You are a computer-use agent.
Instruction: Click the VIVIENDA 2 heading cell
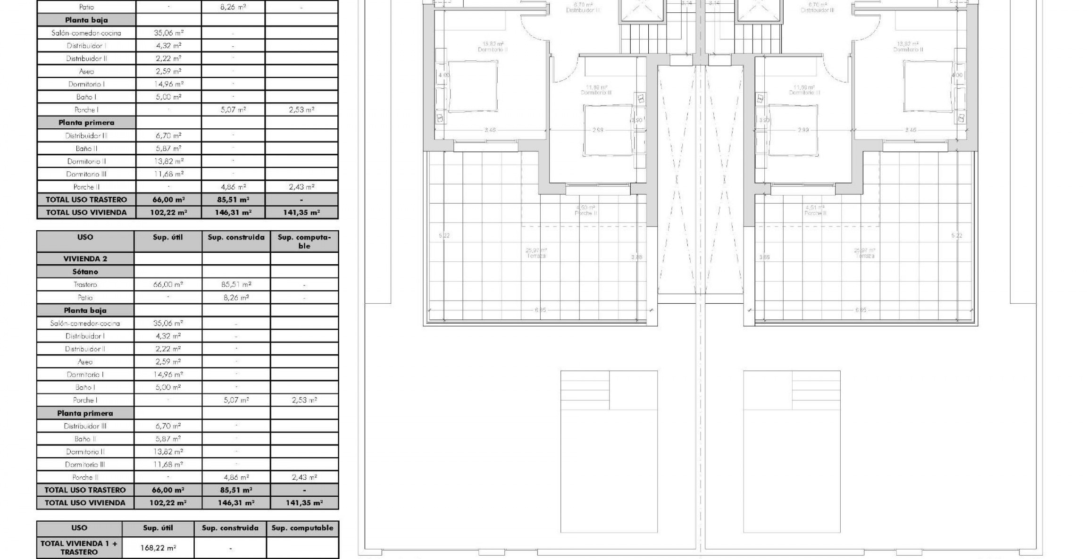(85, 259)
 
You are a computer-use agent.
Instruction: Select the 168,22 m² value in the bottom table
(158, 548)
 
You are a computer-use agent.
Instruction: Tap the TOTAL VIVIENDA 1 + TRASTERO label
(79, 548)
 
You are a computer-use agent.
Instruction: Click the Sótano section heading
(85, 272)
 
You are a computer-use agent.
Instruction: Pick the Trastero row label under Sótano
(85, 284)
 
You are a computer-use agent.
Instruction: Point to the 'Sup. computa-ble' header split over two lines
(304, 242)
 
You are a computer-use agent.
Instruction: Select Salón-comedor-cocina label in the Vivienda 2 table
(85, 323)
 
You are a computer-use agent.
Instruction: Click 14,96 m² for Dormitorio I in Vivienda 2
(168, 375)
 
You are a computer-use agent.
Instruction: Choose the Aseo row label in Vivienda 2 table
(85, 362)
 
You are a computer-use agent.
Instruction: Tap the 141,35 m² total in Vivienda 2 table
(304, 503)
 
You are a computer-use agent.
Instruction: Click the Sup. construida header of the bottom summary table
(230, 528)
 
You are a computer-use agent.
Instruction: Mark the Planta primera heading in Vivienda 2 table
(85, 413)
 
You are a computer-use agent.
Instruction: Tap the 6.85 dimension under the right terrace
(860, 310)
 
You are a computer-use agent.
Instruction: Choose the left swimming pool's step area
(585, 390)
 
